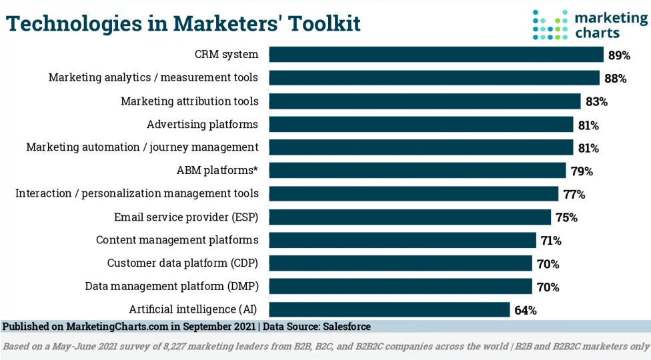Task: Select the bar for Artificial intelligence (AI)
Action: click(x=389, y=309)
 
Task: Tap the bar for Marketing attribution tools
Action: click(x=424, y=101)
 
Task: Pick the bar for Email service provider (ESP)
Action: click(x=410, y=217)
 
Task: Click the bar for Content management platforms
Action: click(x=402, y=240)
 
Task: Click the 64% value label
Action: click(x=525, y=310)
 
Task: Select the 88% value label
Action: click(x=615, y=79)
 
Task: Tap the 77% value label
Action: click(x=574, y=195)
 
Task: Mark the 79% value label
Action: click(x=581, y=171)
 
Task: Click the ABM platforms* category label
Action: click(x=217, y=170)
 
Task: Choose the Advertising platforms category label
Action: click(x=202, y=124)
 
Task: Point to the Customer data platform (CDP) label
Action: click(x=182, y=263)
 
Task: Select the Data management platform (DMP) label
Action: click(x=171, y=286)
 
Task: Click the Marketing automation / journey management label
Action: click(x=142, y=147)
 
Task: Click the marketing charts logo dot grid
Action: click(x=550, y=25)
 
